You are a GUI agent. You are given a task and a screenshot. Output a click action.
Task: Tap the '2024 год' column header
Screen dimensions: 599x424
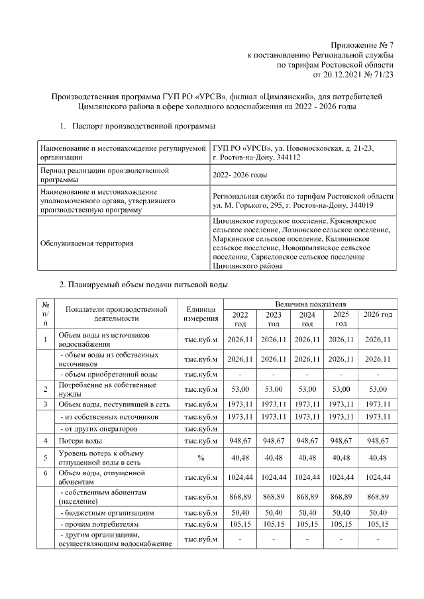[307, 319]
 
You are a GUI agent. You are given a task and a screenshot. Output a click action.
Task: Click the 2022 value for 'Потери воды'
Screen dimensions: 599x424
[240, 439]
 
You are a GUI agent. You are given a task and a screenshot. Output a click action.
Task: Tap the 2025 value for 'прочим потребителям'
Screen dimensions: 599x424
[341, 525]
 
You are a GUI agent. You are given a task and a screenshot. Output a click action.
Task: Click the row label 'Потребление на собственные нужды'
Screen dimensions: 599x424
[108, 389]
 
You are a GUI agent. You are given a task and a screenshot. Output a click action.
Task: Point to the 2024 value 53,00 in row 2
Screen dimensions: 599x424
[307, 389]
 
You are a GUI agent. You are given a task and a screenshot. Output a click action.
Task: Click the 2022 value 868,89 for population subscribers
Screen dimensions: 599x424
[240, 497]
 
